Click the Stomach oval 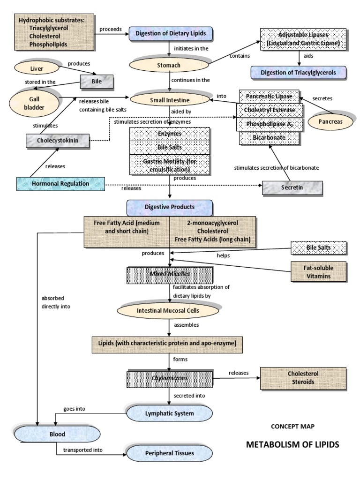pos(170,66)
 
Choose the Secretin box pos(292,187)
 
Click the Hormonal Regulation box pos(61,184)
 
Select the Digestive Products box pos(170,206)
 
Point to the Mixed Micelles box pos(170,275)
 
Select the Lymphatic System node pos(170,413)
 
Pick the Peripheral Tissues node pos(170,453)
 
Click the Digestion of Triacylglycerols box pos(298,73)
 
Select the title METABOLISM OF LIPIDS pos(292,444)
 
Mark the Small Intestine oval pos(170,99)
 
